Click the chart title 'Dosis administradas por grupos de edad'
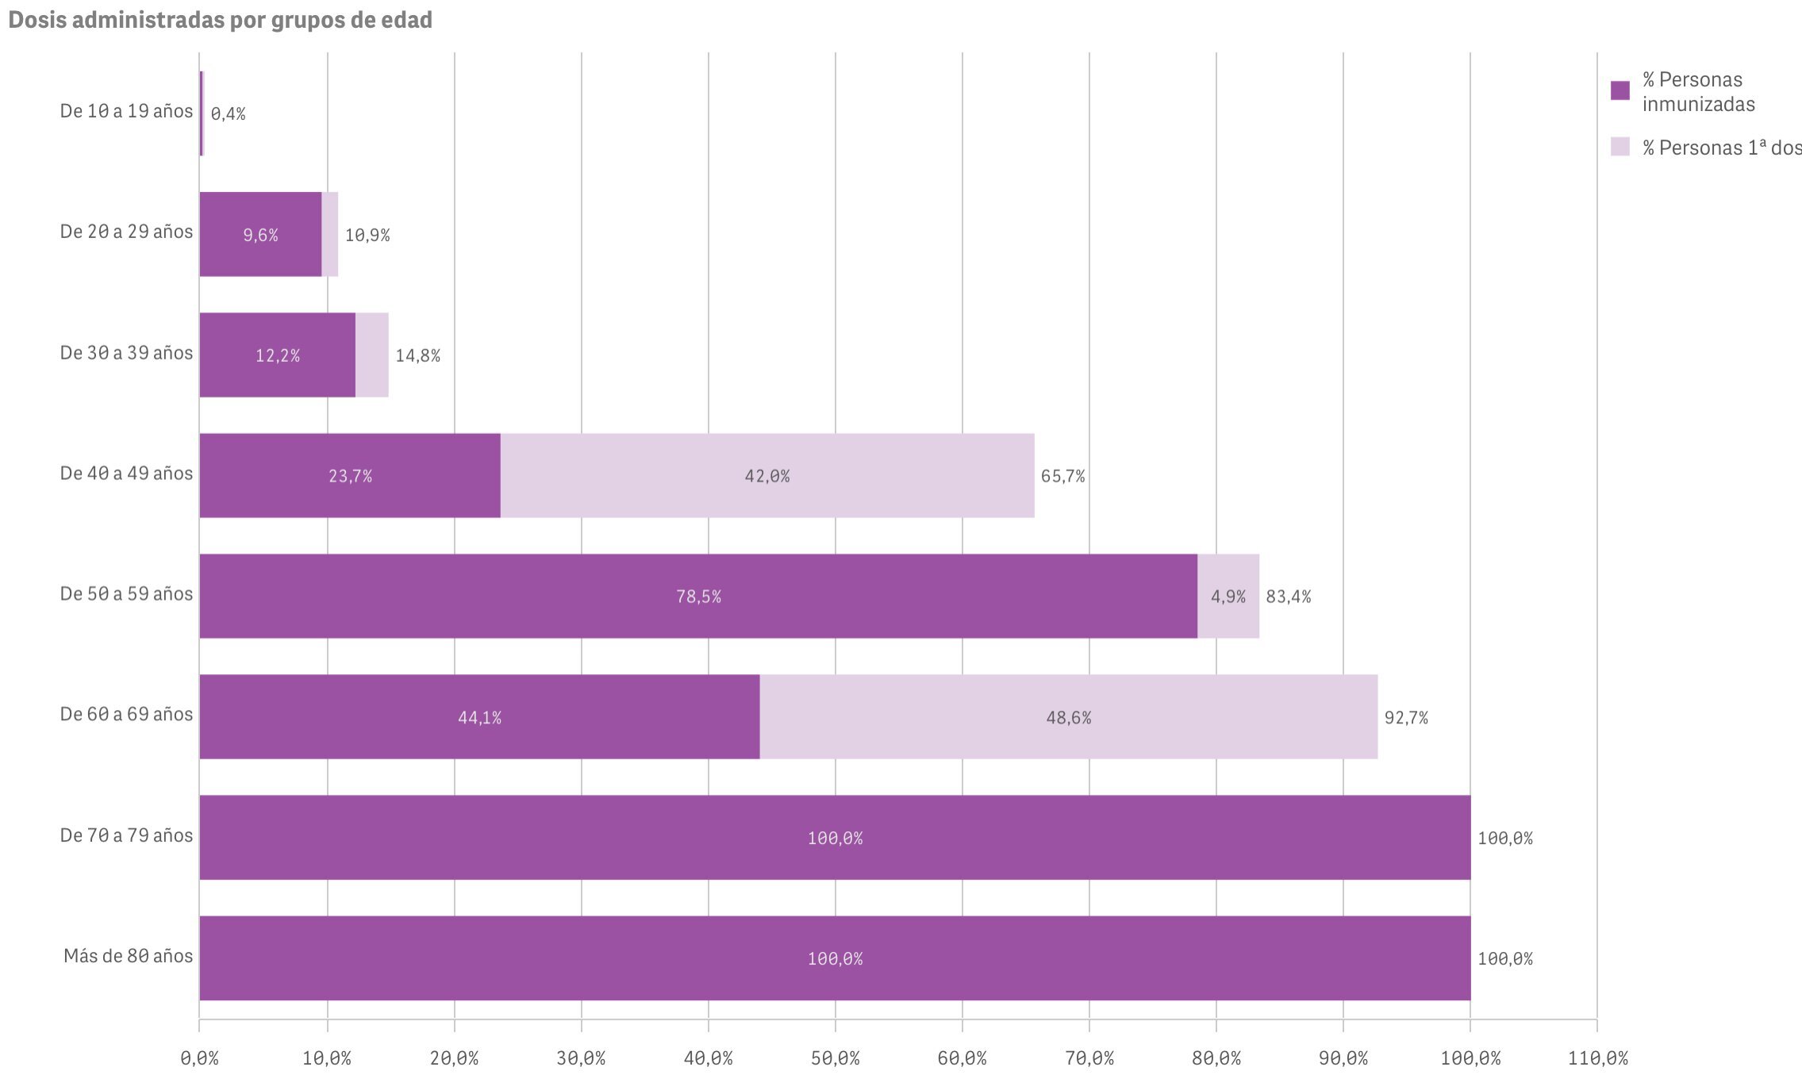point(220,20)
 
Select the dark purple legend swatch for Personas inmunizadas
point(1619,90)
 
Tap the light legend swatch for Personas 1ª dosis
point(1619,147)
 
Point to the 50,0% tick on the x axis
point(836,1058)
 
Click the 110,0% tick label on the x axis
point(1597,1058)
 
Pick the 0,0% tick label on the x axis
point(200,1058)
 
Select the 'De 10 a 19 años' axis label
point(126,111)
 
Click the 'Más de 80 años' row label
point(128,956)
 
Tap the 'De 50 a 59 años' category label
point(126,594)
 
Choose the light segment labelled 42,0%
point(767,476)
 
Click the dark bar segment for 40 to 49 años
point(350,476)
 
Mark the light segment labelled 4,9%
point(1228,597)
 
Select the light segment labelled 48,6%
point(1068,717)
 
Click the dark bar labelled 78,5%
point(698,597)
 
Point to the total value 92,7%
point(1406,718)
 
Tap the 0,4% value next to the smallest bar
point(229,114)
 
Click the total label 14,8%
point(418,355)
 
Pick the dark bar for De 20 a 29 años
point(260,235)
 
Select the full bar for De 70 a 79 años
point(835,838)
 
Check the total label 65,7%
point(1063,476)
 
